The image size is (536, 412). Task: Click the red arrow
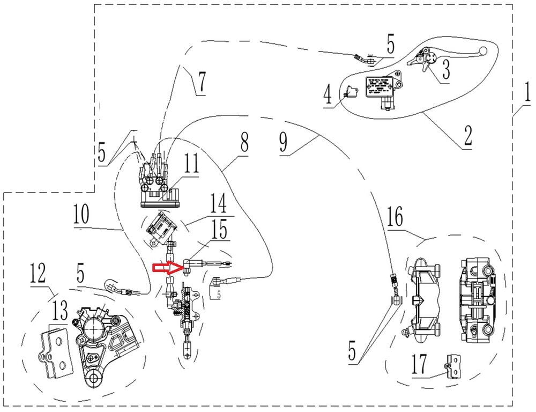166,267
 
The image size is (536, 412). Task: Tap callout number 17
419,366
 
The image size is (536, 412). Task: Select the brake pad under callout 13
54,351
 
